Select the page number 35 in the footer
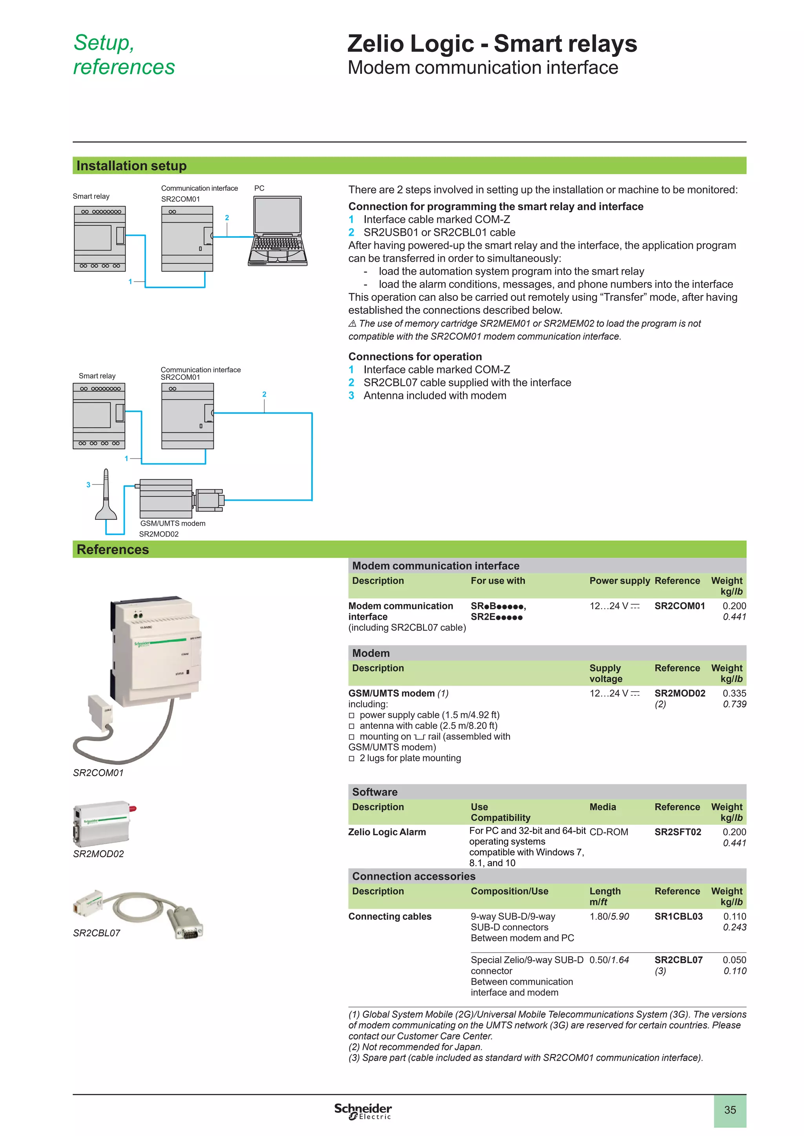click(730, 1110)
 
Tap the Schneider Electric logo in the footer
click(363, 1111)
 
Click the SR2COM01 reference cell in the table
click(679, 606)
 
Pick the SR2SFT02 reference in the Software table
click(677, 832)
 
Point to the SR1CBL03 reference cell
click(678, 917)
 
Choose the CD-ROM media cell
click(608, 832)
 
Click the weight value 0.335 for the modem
click(734, 694)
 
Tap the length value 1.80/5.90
click(609, 917)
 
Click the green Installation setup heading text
click(131, 166)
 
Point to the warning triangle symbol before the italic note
click(352, 324)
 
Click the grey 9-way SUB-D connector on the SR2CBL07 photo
click(187, 924)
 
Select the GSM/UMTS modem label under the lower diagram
click(172, 523)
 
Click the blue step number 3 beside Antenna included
click(351, 396)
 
